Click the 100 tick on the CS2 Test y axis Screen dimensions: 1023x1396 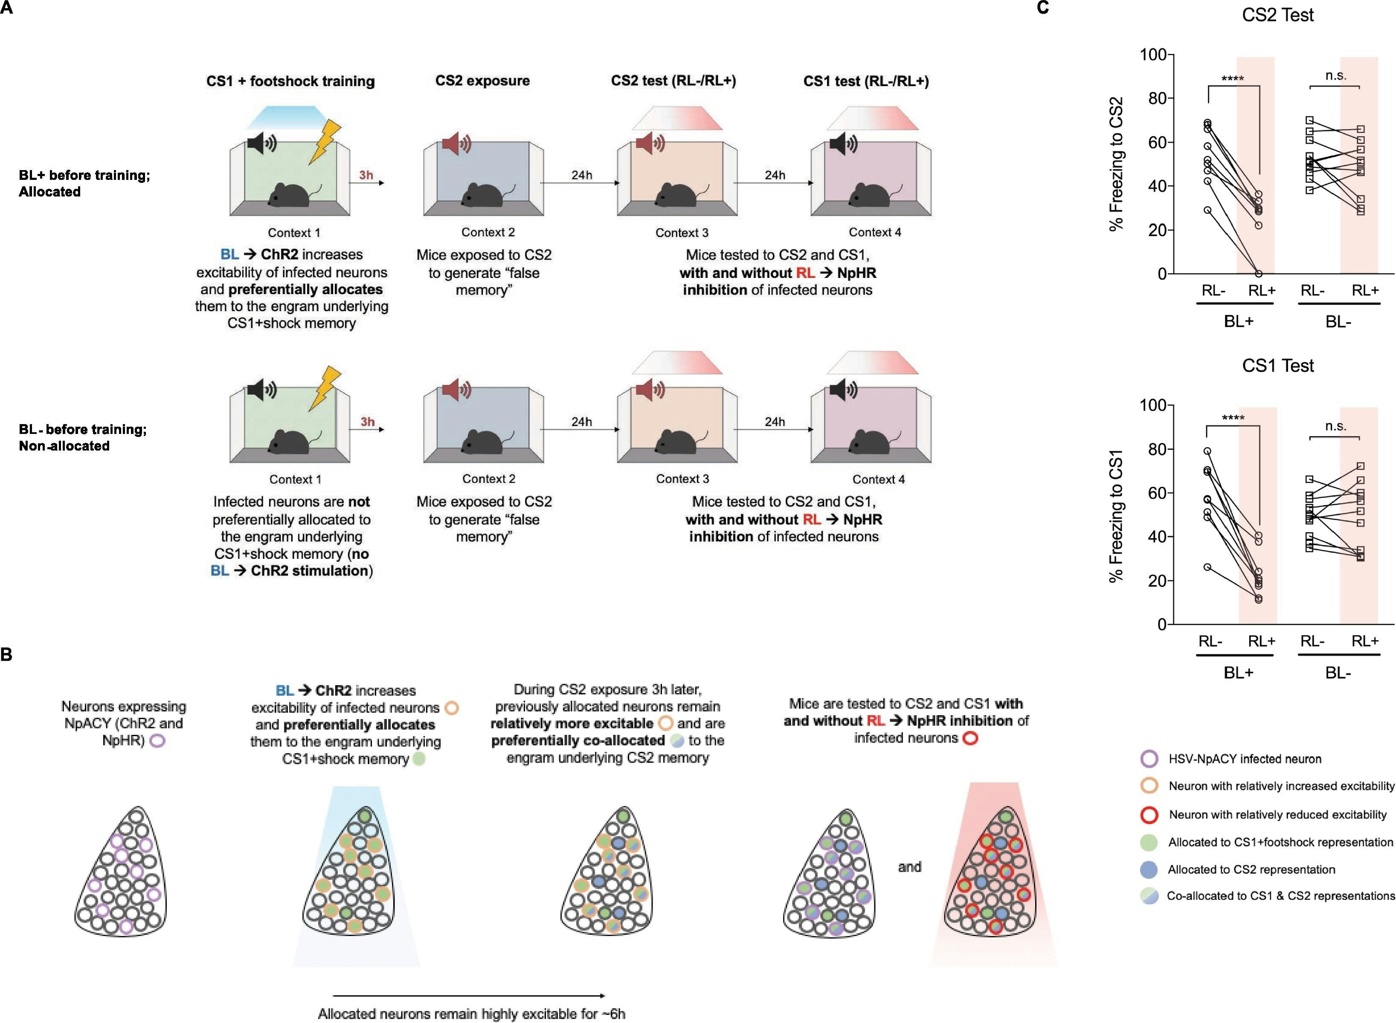tap(1153, 55)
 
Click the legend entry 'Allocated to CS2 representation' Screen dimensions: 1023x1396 tap(1251, 870)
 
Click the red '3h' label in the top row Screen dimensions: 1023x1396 tap(366, 175)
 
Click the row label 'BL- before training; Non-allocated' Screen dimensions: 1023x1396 tap(82, 437)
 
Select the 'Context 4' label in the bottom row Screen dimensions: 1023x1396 tap(878, 479)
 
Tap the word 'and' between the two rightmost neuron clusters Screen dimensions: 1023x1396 tap(909, 867)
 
